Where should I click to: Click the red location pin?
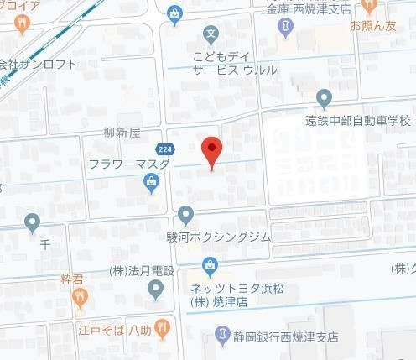(212, 152)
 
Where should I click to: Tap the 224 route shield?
(166, 148)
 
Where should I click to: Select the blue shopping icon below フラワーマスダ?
(151, 185)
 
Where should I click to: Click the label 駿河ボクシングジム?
(220, 237)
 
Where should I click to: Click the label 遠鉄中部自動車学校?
(358, 120)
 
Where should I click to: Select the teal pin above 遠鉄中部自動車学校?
(325, 98)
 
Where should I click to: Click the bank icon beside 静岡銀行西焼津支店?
(221, 337)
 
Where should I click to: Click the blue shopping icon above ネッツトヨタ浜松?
(209, 268)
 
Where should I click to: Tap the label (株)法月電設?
(142, 270)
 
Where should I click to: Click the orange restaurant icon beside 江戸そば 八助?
(163, 326)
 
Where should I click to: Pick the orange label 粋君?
(73, 278)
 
